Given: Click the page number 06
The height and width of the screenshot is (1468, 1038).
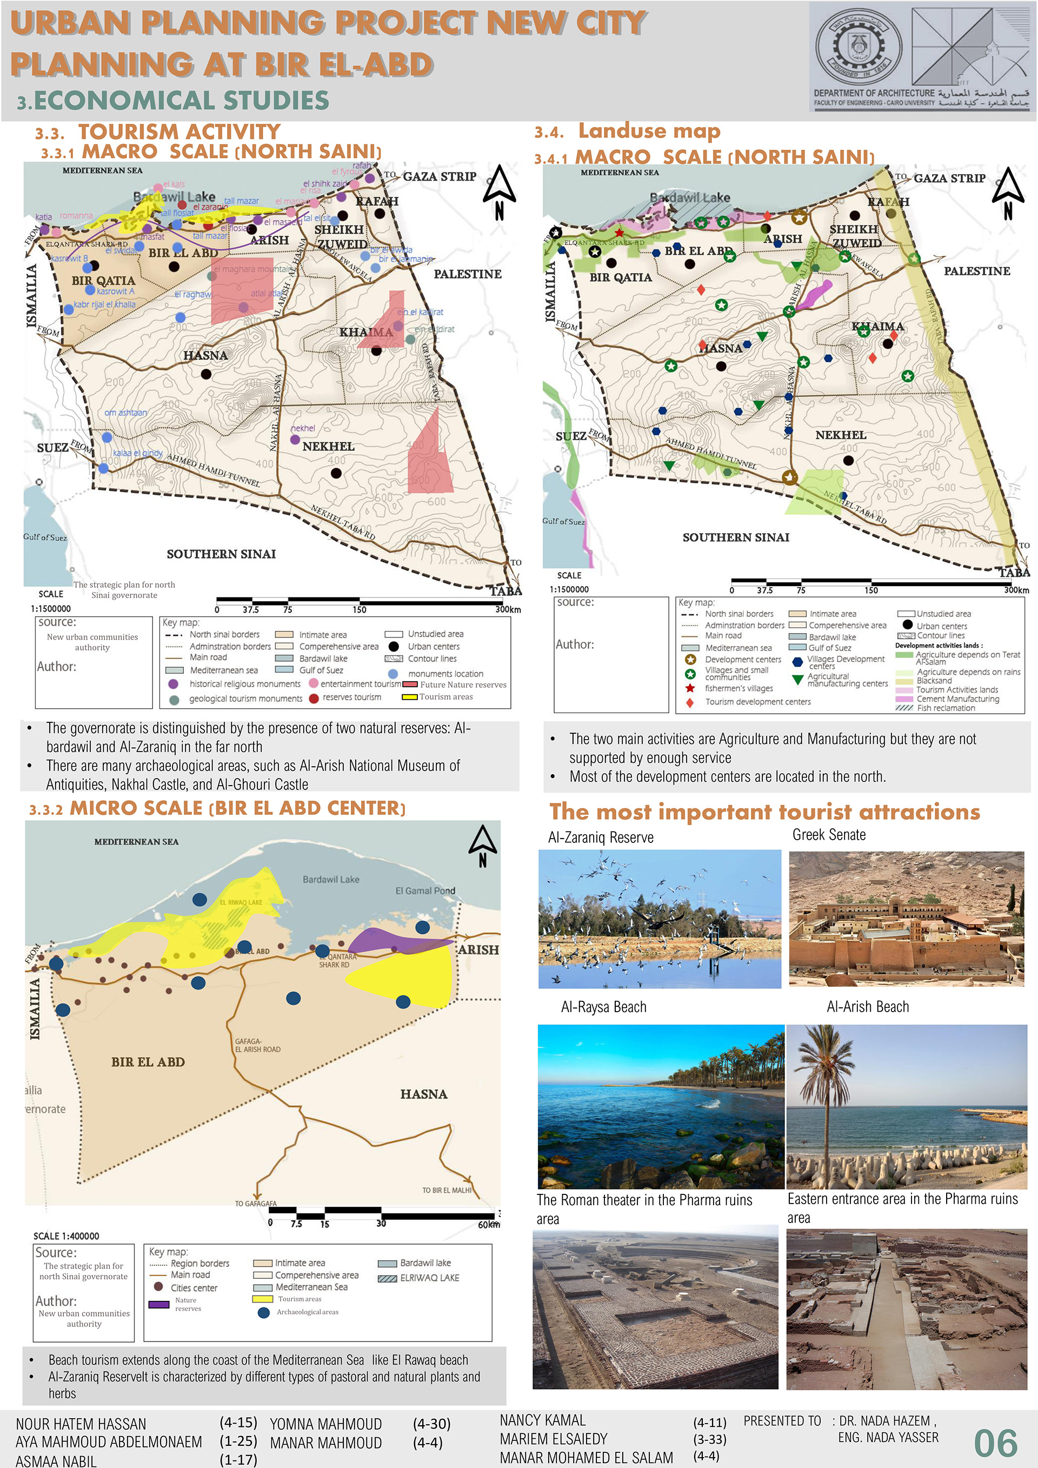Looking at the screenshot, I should pos(995,1443).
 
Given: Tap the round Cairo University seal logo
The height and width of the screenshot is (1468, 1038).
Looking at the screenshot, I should pos(858,49).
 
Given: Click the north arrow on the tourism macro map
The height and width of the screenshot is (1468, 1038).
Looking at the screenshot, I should pos(498,191).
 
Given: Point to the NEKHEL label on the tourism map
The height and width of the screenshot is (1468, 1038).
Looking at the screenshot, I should pos(328,446).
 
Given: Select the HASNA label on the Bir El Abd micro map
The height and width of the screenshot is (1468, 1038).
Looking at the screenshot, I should pos(423,1094).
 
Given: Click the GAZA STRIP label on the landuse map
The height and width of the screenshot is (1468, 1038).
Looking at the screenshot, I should pos(949,178).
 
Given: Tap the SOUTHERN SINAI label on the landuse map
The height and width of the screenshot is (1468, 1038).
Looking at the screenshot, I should pos(735,537).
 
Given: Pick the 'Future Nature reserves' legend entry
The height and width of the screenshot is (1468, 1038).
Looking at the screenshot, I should pos(462,685).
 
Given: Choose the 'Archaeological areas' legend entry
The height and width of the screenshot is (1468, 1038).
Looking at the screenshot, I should pos(307,1312).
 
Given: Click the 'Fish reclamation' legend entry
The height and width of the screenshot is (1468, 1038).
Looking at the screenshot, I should pos(946,708).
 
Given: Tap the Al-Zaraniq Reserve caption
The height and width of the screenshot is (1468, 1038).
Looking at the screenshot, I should pos(600,838).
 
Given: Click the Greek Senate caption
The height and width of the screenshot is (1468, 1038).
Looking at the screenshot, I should pos(828,834).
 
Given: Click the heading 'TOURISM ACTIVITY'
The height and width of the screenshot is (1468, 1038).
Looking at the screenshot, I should pos(179,132).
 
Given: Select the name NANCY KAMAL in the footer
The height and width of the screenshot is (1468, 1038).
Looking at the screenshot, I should pos(542,1420).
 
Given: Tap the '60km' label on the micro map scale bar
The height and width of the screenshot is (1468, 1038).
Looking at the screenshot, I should pos(489,1224).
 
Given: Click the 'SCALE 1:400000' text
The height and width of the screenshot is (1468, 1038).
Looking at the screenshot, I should pos(66,1236).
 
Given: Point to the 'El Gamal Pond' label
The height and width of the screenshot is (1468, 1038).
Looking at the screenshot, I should pos(425,891).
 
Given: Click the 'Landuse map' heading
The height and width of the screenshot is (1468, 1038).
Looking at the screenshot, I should pos(649,131).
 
